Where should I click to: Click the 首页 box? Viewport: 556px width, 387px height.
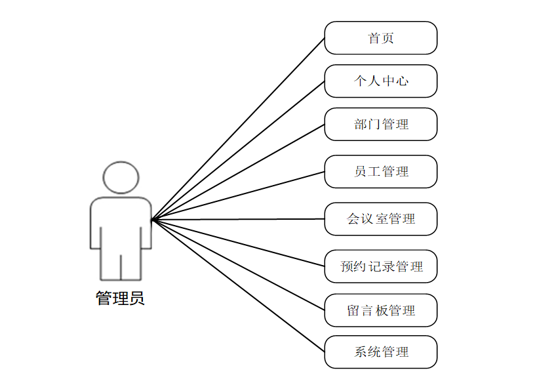[x=380, y=38]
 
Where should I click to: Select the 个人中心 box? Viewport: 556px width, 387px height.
[x=380, y=81]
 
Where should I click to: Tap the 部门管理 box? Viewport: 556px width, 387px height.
[x=380, y=124]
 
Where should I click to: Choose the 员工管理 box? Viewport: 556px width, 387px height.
[x=380, y=171]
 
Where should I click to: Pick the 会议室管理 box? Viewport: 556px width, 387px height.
[x=380, y=218]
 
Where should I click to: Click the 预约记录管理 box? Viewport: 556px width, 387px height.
[x=380, y=266]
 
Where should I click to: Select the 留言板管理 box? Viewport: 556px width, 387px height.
[x=380, y=310]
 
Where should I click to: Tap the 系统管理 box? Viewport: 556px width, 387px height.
[x=380, y=352]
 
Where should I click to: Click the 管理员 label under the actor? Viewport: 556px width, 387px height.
[x=120, y=299]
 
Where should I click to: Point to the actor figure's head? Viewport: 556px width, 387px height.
[x=121, y=177]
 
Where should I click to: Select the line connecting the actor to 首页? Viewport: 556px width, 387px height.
[x=238, y=129]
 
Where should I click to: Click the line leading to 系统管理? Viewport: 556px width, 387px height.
[x=238, y=285]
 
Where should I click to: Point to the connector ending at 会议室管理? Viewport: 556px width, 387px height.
[x=238, y=219]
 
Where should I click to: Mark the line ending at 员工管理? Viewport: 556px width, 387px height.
[x=238, y=195]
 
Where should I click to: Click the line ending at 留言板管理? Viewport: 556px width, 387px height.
[x=238, y=264]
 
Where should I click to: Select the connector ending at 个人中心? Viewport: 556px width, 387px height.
[x=238, y=151]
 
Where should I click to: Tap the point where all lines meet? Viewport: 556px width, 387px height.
[x=152, y=220]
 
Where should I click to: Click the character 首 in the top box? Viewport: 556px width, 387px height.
[x=374, y=38]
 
